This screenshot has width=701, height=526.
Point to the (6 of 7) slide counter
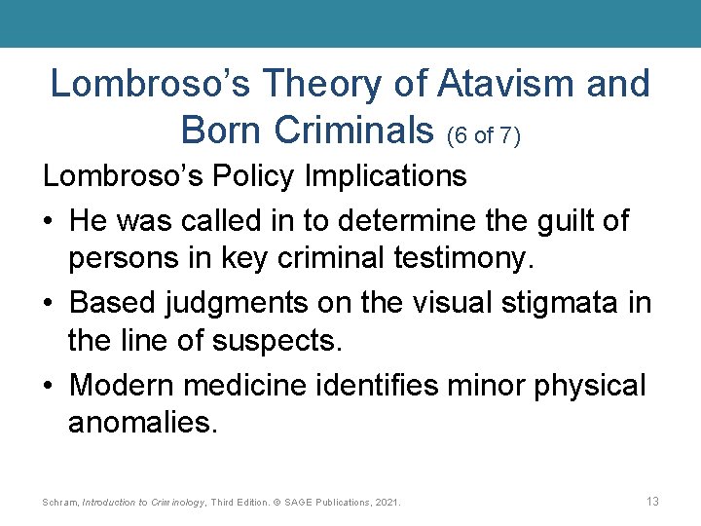484,134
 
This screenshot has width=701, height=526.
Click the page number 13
652,501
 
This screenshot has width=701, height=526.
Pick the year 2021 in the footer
388,503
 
